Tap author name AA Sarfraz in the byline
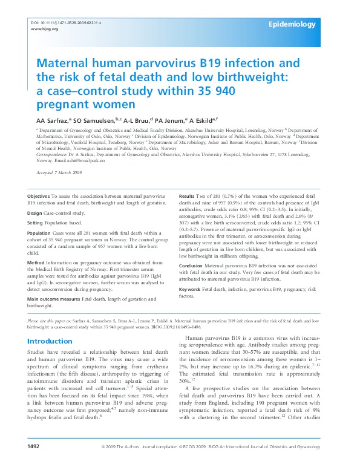[x=53, y=120]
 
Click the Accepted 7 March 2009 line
[x=59, y=173]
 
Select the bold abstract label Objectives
[x=39, y=197]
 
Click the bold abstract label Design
[x=34, y=213]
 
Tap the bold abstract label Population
[x=39, y=233]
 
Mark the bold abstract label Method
[x=36, y=263]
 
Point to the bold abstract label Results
[x=188, y=197]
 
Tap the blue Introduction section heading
[x=50, y=341]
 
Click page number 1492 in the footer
[x=33, y=463]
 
